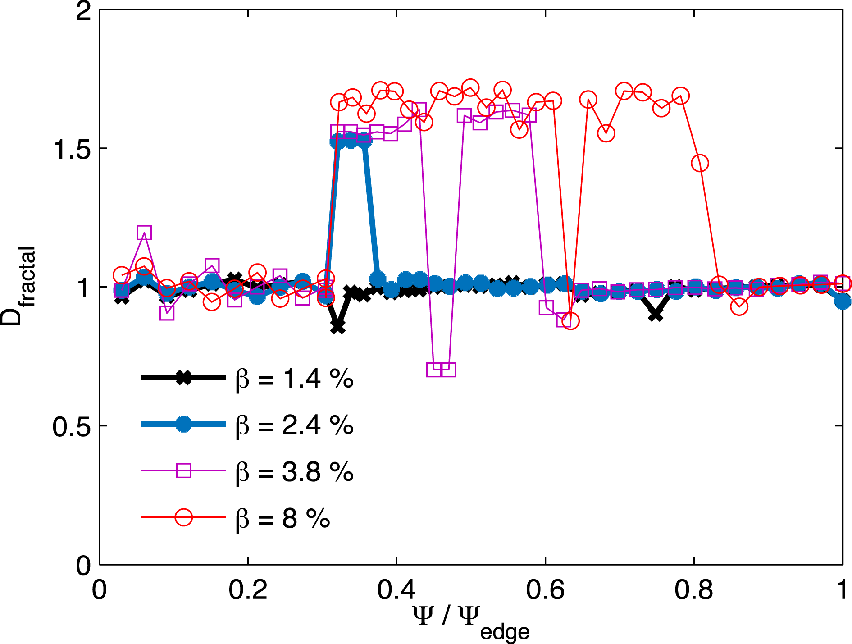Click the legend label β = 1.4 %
point(294,379)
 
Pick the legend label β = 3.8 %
point(294,472)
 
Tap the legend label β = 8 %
point(282,518)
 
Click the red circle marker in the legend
point(183,517)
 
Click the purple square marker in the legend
point(183,471)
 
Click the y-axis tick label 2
point(83,11)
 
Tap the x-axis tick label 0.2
point(247,590)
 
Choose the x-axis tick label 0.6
point(545,590)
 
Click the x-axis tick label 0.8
point(693,590)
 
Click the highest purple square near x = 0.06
point(144,233)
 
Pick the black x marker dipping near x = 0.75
point(656,315)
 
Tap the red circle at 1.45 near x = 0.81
point(700,163)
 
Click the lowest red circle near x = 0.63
point(571,321)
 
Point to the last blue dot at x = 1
point(843,301)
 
